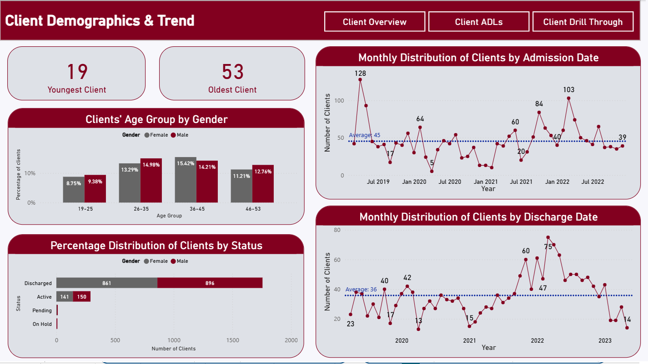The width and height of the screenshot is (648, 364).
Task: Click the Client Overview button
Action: (375, 22)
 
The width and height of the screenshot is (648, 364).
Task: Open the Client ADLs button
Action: (478, 22)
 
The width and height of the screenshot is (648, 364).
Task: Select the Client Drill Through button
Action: (583, 22)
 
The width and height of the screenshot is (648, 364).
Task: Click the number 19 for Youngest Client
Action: (77, 72)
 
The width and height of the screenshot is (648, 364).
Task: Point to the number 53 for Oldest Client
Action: (232, 72)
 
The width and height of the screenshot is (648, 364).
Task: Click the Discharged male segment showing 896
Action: (210, 283)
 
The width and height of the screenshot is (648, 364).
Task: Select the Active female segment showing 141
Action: (65, 297)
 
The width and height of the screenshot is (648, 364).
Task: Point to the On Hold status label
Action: (42, 324)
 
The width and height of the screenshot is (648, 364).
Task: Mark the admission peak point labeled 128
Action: (360, 79)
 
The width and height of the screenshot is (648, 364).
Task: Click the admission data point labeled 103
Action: (568, 98)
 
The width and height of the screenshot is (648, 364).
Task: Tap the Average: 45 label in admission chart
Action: (364, 135)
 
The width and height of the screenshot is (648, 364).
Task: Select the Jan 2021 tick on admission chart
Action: (486, 182)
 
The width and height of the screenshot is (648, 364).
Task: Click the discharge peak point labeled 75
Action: (548, 237)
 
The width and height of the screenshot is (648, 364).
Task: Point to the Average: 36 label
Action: (361, 289)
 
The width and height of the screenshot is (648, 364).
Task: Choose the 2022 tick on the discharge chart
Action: (537, 340)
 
